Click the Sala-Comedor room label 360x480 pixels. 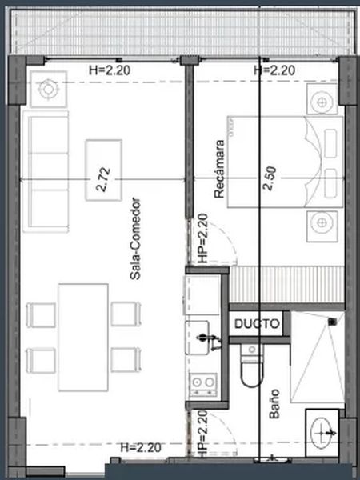click(x=135, y=239)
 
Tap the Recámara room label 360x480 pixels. click(x=219, y=169)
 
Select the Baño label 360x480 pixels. click(x=274, y=404)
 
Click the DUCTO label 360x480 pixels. click(x=257, y=323)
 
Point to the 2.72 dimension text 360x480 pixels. click(x=103, y=180)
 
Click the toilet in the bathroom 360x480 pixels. click(x=252, y=365)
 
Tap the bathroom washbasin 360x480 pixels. click(x=322, y=433)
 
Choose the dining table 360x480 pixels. click(x=83, y=338)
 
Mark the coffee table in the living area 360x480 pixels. click(x=103, y=170)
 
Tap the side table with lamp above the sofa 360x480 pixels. click(x=48, y=89)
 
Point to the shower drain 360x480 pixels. click(x=333, y=322)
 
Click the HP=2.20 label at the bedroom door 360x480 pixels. click(x=203, y=238)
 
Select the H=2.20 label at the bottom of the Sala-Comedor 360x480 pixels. click(x=141, y=448)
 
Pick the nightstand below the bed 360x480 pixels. click(x=322, y=226)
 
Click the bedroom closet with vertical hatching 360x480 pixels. click(x=287, y=285)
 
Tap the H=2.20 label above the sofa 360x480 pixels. click(x=110, y=70)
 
